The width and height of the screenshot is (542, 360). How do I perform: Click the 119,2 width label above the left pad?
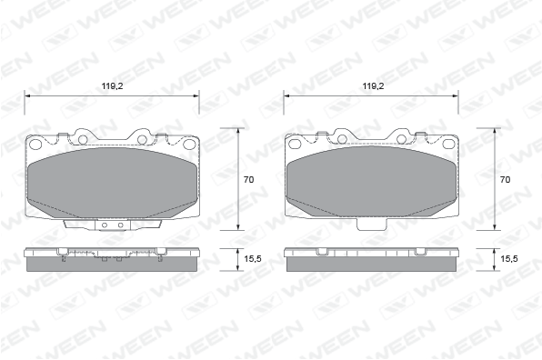113,86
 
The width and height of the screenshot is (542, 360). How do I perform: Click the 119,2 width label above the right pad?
373,86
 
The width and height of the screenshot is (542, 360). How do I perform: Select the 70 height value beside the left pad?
248,180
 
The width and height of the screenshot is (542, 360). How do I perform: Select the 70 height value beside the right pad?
505,180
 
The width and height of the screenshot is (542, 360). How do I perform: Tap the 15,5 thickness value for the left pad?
253,259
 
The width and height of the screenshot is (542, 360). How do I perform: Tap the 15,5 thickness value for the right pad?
509,259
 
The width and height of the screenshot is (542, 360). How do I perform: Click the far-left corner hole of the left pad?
35,144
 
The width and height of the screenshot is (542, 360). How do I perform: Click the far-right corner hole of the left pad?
189,144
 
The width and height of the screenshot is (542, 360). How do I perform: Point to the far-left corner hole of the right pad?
294,144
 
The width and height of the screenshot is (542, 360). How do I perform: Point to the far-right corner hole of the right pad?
448,144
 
